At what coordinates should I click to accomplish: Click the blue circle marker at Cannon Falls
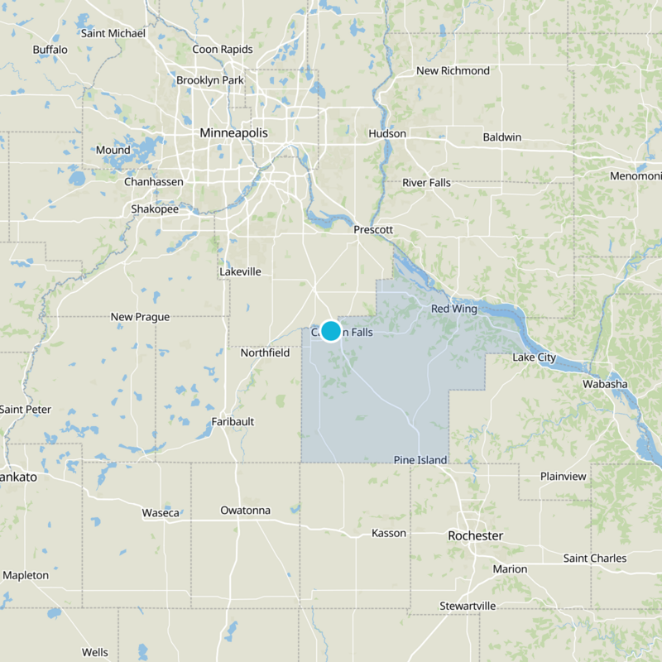click(330, 331)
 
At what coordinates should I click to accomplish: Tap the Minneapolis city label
click(234, 132)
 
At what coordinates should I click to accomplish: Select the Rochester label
click(475, 535)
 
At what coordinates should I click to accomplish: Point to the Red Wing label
click(454, 309)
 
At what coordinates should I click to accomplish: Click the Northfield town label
click(265, 353)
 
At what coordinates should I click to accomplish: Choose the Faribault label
click(233, 421)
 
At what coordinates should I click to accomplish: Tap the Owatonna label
click(245, 510)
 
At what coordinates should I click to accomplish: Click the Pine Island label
click(420, 460)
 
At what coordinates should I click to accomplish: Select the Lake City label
click(534, 357)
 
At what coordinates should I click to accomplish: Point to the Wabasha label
click(605, 384)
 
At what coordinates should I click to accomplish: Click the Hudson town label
click(387, 133)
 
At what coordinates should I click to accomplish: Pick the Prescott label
click(372, 229)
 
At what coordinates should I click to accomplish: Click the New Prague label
click(140, 317)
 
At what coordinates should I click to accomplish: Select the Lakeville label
click(240, 271)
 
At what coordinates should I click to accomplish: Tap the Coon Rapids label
click(223, 49)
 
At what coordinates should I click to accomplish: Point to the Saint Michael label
click(113, 33)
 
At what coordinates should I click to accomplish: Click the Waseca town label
click(161, 513)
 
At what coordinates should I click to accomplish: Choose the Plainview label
click(564, 476)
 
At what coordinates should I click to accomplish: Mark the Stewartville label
click(468, 606)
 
